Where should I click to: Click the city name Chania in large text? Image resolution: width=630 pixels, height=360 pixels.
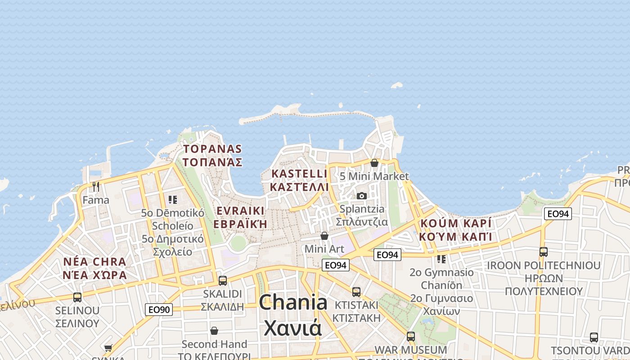click(x=293, y=302)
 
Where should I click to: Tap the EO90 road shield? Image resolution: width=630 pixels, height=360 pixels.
click(x=159, y=310)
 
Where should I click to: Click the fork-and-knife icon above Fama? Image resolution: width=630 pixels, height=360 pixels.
click(x=96, y=186)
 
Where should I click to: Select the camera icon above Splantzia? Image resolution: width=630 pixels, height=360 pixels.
click(x=362, y=196)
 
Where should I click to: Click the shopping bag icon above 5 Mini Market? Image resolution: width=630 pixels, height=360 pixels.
click(x=374, y=163)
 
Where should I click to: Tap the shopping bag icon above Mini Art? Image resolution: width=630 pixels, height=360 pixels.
click(x=324, y=236)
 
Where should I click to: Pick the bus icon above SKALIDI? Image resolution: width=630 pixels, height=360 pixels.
click(x=222, y=281)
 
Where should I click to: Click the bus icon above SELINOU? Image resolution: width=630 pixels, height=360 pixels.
click(x=77, y=297)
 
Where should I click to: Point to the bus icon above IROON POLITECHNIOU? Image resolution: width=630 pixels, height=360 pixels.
click(x=543, y=252)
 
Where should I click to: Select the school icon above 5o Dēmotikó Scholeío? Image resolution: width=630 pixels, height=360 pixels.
click(x=173, y=199)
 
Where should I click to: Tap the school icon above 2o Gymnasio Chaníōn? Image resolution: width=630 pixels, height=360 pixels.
click(x=441, y=259)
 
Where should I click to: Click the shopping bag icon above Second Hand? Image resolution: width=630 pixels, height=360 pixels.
click(x=214, y=331)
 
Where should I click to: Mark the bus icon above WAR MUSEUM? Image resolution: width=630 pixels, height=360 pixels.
click(x=410, y=336)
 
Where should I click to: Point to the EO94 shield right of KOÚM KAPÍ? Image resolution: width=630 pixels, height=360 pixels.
click(x=558, y=214)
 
